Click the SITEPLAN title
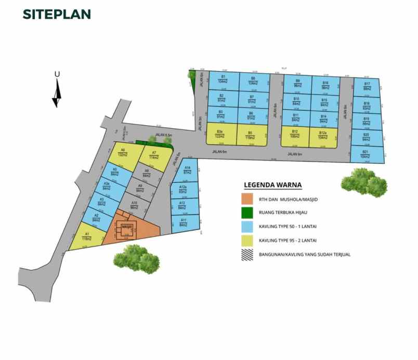[x=57, y=15]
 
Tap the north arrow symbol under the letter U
[x=57, y=94]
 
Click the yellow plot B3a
[x=221, y=134]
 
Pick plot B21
[x=366, y=155]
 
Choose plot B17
[x=367, y=87]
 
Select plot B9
[x=297, y=83]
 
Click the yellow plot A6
[x=123, y=154]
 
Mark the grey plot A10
[x=134, y=205]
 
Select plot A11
[x=184, y=222]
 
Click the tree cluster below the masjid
[x=137, y=257]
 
